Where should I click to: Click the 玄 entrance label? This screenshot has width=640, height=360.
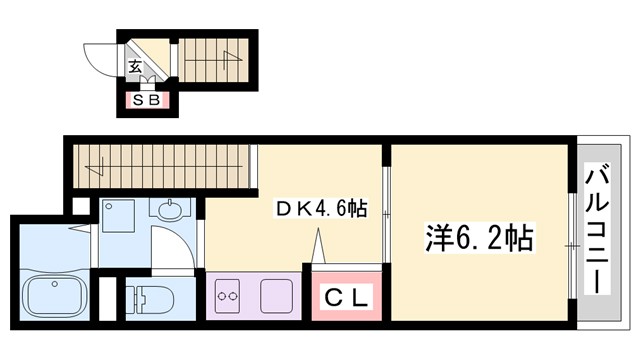coord(133,68)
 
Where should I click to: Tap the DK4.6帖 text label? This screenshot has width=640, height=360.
coord(321,209)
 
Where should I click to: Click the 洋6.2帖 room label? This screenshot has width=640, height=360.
coord(481,239)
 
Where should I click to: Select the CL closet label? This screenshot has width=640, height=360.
coord(345,297)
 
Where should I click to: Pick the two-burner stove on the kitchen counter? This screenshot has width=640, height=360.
coord(227,296)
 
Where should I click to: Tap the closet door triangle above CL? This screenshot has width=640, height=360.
coord(320,245)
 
